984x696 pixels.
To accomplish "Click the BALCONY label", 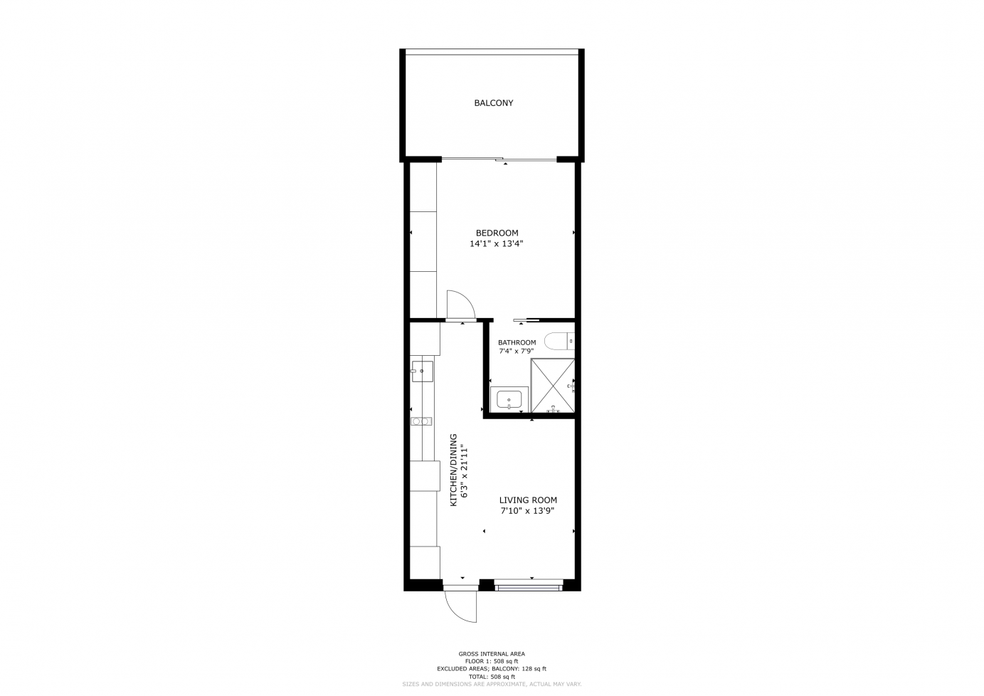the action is (493, 102).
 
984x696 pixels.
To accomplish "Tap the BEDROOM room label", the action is (497, 233).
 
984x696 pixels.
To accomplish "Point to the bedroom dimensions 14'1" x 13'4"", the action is (497, 244).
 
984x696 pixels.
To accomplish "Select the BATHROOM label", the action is (517, 343).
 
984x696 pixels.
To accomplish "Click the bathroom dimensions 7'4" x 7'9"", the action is (516, 352).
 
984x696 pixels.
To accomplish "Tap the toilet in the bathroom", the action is (559, 341).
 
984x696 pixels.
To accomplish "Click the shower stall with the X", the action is (553, 386).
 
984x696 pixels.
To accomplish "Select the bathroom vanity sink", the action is (509, 400).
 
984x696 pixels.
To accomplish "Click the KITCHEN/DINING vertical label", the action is (454, 470).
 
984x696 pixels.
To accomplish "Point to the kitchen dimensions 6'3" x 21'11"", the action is (465, 473).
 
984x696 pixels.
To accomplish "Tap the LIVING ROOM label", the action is (528, 500).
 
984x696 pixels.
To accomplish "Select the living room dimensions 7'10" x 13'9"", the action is (528, 511).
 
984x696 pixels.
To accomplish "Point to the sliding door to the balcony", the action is (499, 159).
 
